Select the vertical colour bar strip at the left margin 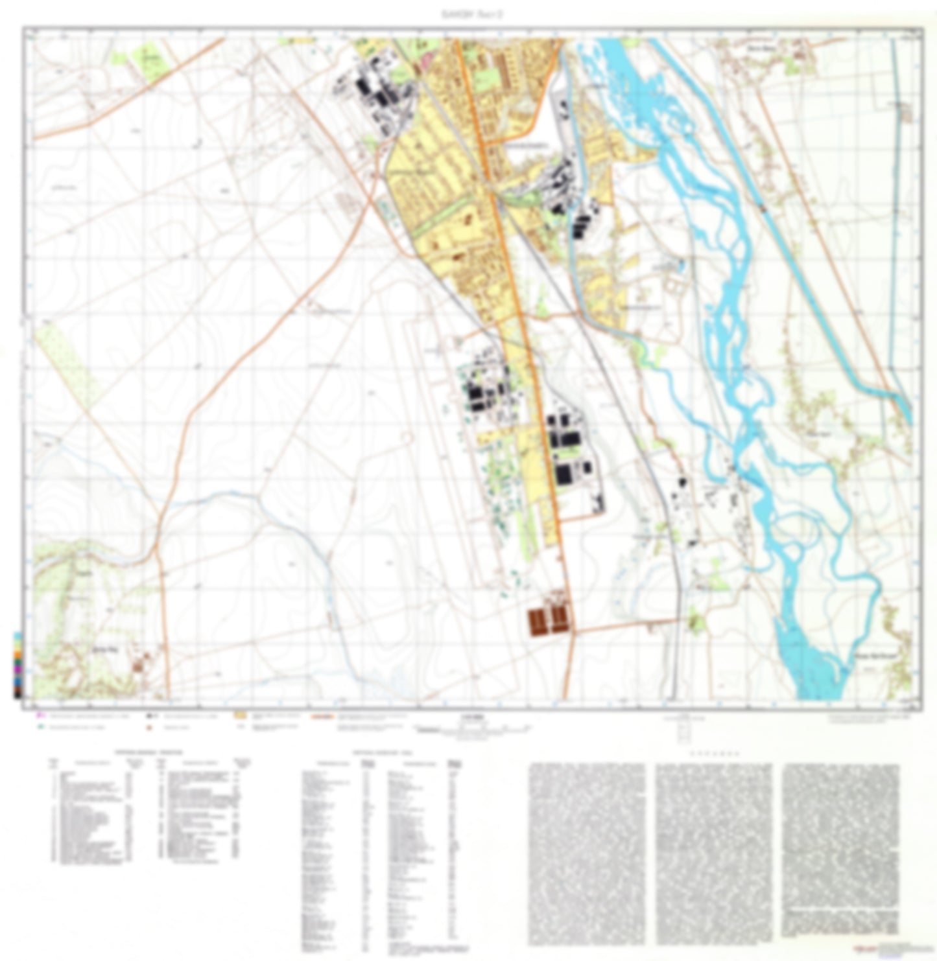[18, 665]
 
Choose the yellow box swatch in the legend [240, 717]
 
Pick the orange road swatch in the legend [322, 717]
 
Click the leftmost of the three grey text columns [587, 852]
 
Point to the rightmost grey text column [840, 849]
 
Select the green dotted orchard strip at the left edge [65, 363]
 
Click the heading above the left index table [149, 752]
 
